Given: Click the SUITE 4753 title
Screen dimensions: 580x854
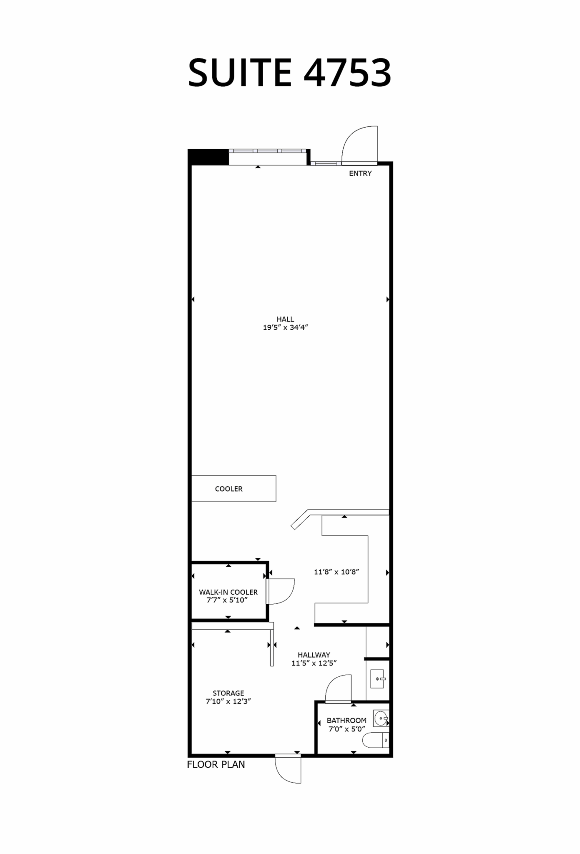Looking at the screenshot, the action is (x=289, y=73).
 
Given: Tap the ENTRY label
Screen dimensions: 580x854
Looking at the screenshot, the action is (x=360, y=173).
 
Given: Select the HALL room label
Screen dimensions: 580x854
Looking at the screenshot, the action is (x=285, y=319).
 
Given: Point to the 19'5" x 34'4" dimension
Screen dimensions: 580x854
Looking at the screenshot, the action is (x=285, y=328).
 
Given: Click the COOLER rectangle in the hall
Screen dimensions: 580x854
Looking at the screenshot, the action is (x=234, y=488).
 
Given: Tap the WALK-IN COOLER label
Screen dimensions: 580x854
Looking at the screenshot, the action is (x=228, y=592).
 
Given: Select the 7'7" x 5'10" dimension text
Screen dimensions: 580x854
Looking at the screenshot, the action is (x=227, y=600).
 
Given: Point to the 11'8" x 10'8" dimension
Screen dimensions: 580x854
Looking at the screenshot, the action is (x=336, y=572).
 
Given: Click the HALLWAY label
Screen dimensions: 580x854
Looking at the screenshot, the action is (x=314, y=655).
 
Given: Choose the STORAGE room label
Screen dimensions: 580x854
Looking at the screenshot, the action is (x=228, y=693).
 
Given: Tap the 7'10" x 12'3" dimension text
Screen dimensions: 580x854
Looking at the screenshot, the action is (x=228, y=702).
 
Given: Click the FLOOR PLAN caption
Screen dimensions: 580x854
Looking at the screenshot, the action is (x=216, y=765).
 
